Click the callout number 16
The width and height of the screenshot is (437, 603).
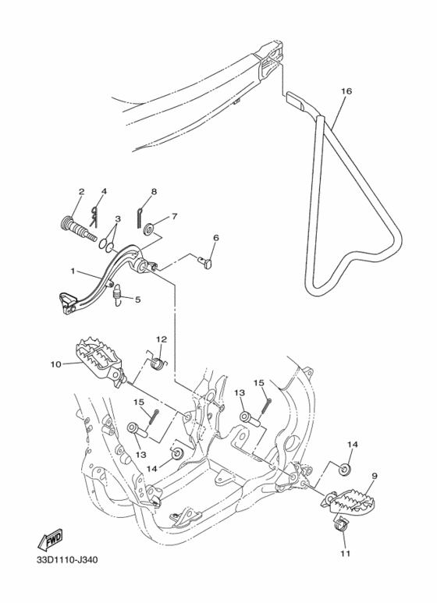point(346,91)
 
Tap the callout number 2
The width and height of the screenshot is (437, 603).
point(80,191)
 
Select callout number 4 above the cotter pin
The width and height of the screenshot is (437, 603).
point(104,191)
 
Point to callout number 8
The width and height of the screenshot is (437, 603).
point(154,191)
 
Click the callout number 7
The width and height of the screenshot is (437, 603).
point(175,216)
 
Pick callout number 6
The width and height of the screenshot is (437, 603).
point(216,238)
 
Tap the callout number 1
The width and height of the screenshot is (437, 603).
point(73,272)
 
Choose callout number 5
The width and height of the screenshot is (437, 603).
point(138,298)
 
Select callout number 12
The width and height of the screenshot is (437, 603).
point(162,339)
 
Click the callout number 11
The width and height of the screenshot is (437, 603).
point(345,554)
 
